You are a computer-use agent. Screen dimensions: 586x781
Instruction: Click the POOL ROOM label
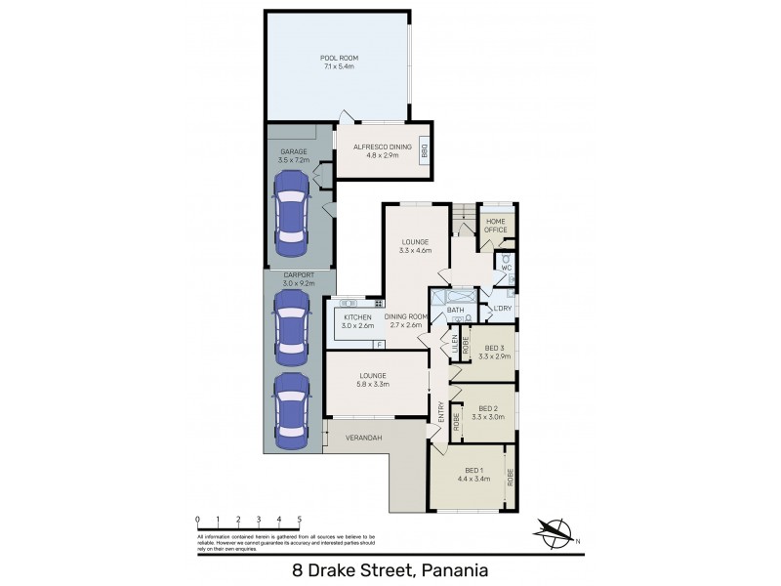tap(336, 58)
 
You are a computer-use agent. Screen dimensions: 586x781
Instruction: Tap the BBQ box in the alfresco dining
tap(425, 151)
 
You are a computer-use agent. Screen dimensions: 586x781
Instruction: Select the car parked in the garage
tap(291, 208)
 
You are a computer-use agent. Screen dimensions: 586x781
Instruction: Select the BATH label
tap(456, 311)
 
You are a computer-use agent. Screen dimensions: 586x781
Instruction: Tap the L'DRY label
tap(502, 309)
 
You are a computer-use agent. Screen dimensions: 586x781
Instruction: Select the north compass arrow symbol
tap(555, 533)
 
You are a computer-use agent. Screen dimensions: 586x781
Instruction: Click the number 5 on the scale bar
tap(300, 519)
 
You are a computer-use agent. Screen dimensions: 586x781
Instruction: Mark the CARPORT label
tap(299, 275)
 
